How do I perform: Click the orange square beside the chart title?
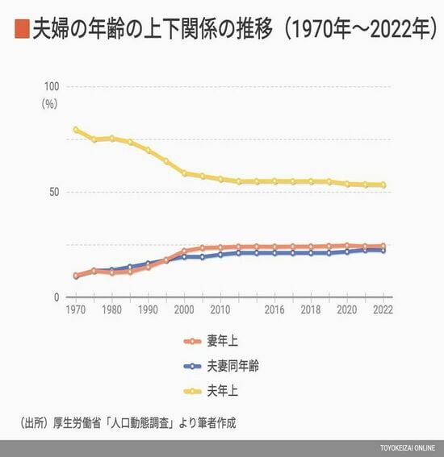click(x=22, y=29)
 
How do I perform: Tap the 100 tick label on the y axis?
click(x=52, y=86)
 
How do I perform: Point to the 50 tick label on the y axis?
click(x=54, y=192)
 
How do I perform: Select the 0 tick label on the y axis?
click(x=57, y=297)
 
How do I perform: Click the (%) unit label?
click(x=49, y=104)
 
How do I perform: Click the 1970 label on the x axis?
click(x=76, y=310)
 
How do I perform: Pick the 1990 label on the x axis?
click(x=148, y=310)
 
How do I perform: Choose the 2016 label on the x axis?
click(x=274, y=310)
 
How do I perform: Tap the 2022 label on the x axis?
click(x=383, y=310)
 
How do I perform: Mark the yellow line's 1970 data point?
click(x=76, y=130)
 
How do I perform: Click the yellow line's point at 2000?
click(x=185, y=173)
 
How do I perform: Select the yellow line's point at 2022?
click(x=383, y=185)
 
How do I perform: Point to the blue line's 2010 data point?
click(x=220, y=255)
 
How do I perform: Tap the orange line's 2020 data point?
click(x=347, y=245)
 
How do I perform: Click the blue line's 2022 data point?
click(x=383, y=251)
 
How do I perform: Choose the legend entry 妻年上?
click(x=211, y=341)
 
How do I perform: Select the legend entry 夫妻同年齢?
click(x=221, y=366)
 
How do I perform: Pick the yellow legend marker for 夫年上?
click(x=192, y=391)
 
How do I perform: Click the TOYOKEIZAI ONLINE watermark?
click(x=408, y=448)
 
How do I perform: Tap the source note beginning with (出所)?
click(x=128, y=423)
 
